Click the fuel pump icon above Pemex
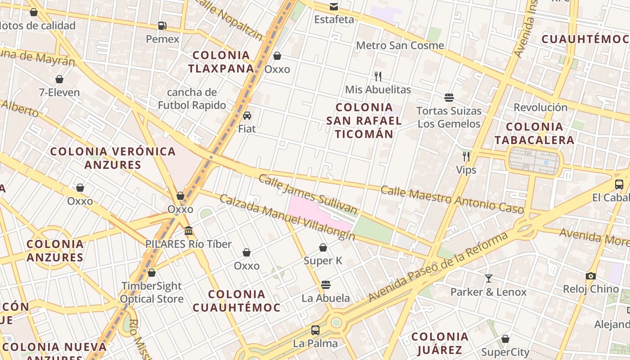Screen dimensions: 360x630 click(x=162, y=26)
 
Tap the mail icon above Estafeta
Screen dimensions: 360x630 click(x=334, y=6)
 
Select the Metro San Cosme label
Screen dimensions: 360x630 click(x=400, y=45)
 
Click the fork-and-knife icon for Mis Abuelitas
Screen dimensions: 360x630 click(x=378, y=76)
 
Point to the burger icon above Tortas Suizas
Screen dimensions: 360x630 click(x=449, y=97)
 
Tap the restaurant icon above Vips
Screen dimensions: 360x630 click(x=466, y=157)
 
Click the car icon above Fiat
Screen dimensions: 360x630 click(x=247, y=116)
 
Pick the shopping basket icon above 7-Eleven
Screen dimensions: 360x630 click(x=59, y=80)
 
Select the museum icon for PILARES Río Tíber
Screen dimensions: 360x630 click(x=189, y=231)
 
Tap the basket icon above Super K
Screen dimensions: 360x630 click(x=323, y=247)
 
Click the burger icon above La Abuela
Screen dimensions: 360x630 click(x=326, y=285)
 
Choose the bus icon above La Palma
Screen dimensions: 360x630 click(x=315, y=330)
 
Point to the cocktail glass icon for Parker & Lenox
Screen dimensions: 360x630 click(x=488, y=279)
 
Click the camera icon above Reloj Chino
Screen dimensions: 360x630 click(x=591, y=276)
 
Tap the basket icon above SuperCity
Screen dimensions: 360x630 click(x=505, y=339)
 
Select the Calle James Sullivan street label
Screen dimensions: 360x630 click(x=308, y=194)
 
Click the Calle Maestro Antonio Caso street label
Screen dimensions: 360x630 click(x=452, y=199)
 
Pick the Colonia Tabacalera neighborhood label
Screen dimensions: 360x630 click(x=534, y=133)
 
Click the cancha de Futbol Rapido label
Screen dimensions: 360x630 click(x=192, y=99)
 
